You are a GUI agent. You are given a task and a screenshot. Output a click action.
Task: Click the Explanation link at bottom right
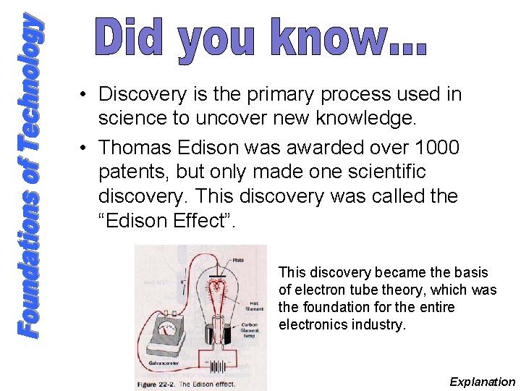[482, 382]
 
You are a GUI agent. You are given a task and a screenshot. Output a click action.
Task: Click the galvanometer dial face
[168, 329]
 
